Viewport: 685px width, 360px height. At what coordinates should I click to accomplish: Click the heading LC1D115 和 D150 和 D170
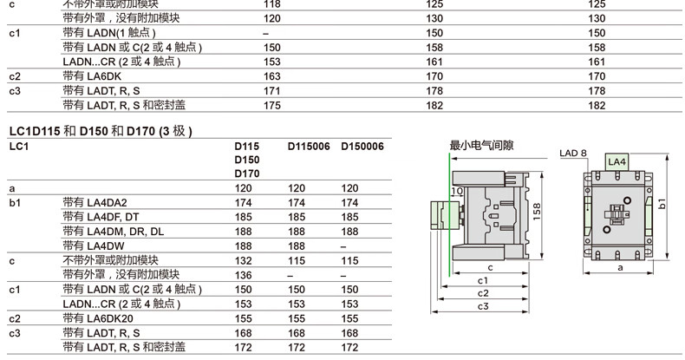click(100, 131)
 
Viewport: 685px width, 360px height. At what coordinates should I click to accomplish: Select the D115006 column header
click(309, 147)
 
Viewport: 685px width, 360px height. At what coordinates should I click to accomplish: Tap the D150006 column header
click(362, 147)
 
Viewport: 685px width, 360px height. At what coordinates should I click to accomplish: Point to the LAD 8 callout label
click(573, 153)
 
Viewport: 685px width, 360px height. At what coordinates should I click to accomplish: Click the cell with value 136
click(247, 275)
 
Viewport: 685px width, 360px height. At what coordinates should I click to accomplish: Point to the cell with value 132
click(247, 260)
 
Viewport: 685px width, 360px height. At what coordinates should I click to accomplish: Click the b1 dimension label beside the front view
click(662, 204)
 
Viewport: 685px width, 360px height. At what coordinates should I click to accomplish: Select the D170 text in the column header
click(247, 173)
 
